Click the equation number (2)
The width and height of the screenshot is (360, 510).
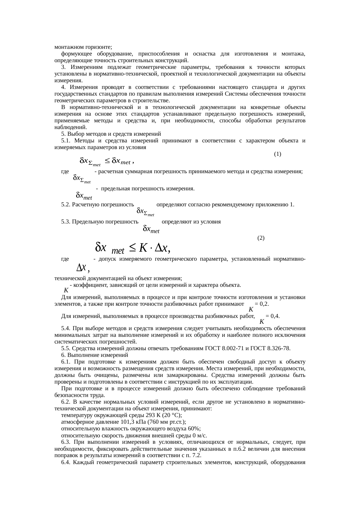pos(261,238)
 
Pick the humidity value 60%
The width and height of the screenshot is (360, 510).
pos(195,429)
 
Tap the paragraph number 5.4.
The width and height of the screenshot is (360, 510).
pos(66,329)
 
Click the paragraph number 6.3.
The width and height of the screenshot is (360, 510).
pos(66,442)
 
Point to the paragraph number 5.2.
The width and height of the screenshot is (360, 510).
pos(66,205)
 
